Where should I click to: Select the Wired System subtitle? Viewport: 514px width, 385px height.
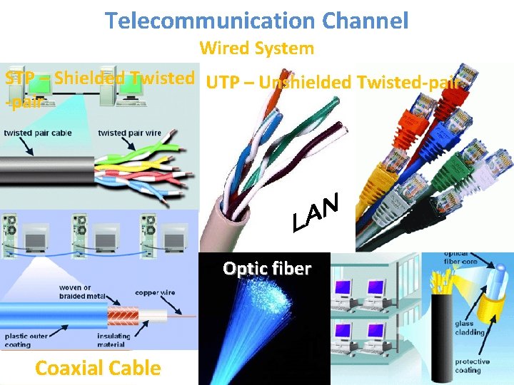tap(256, 48)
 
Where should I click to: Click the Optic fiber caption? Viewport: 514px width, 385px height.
tap(266, 269)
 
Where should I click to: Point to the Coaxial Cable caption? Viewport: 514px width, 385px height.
tap(98, 368)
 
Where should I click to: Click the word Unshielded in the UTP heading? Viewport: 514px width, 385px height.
tap(306, 83)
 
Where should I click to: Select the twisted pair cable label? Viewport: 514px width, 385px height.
tap(38, 133)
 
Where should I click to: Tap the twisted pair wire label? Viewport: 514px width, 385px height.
tap(129, 133)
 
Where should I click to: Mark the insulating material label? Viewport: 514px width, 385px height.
tap(114, 340)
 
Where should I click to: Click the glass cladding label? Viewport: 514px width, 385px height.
tap(469, 328)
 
